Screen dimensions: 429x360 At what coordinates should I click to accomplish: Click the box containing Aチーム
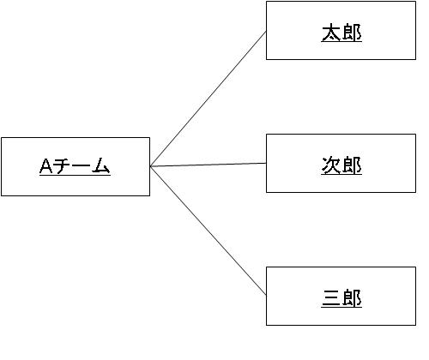click(76, 167)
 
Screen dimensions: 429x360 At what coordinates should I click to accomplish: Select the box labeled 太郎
click(341, 31)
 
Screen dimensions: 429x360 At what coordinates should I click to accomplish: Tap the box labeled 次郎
click(341, 163)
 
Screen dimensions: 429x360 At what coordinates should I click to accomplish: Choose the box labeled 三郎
click(341, 296)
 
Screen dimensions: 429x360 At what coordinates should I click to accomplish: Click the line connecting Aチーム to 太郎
click(208, 99)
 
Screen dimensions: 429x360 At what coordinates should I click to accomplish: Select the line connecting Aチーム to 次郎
click(208, 165)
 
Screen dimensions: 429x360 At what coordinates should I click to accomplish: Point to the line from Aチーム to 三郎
click(208, 231)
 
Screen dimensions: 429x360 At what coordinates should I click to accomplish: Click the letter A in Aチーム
click(46, 166)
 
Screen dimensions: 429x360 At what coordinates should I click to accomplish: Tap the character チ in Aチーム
click(63, 166)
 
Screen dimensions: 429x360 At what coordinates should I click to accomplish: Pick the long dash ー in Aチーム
click(82, 166)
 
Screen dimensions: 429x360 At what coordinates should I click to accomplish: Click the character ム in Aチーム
click(100, 166)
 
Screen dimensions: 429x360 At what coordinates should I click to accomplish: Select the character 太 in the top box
click(331, 33)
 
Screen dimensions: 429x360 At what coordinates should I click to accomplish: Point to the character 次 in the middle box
click(331, 165)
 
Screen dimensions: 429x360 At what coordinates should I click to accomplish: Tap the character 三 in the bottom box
click(331, 298)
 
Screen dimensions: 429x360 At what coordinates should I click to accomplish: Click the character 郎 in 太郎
click(352, 33)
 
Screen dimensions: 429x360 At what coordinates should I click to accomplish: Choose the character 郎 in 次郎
click(352, 165)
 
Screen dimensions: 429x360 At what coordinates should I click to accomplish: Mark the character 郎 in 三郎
click(352, 298)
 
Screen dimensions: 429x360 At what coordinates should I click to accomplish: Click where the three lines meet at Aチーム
click(150, 166)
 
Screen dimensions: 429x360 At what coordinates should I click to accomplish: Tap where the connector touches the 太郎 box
click(266, 32)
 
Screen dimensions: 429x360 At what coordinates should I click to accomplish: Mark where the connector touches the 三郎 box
click(266, 295)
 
